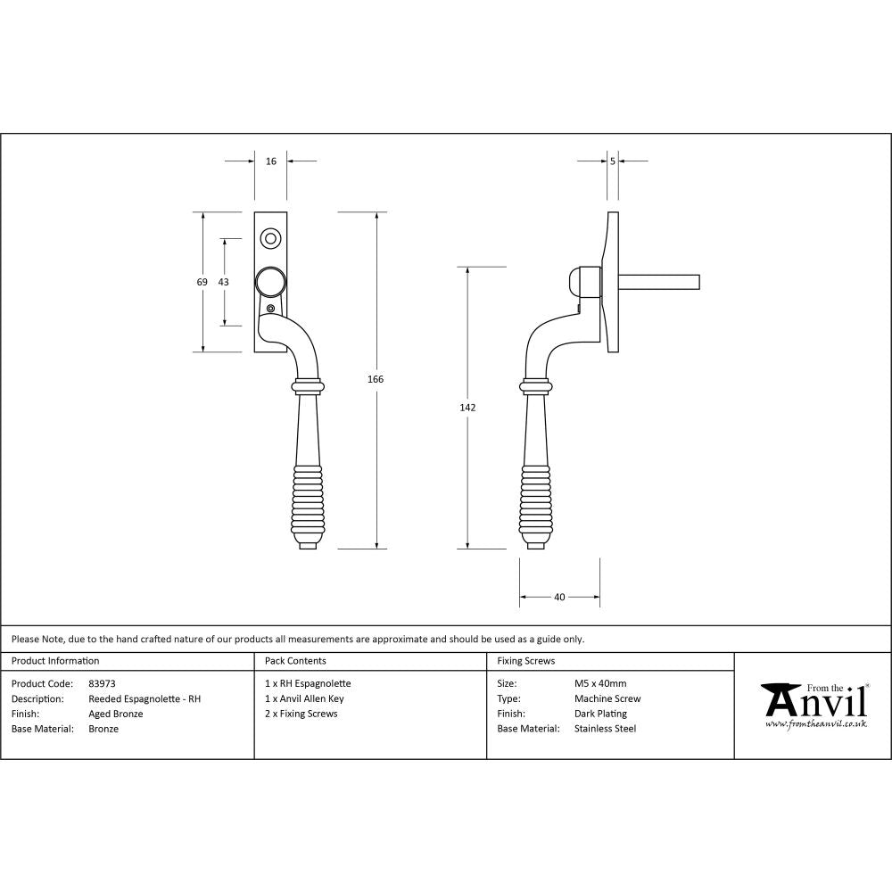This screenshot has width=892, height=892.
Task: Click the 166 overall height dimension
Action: tap(376, 379)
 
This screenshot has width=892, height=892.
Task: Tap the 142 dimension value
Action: tap(468, 408)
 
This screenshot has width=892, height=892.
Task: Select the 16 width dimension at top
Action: tap(271, 161)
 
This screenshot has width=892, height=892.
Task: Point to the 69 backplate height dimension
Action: tap(202, 282)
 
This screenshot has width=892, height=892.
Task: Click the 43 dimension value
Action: tap(223, 282)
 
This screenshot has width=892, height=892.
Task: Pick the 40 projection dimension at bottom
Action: tap(559, 598)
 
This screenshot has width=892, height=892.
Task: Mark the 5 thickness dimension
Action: tap(613, 161)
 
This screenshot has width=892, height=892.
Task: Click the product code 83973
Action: tap(102, 683)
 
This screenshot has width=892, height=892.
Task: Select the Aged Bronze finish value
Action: tap(116, 714)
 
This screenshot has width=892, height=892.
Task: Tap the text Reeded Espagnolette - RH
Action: tap(145, 698)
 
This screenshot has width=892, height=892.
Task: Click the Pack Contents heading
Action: tap(295, 661)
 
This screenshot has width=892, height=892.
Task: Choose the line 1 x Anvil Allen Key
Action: tap(304, 698)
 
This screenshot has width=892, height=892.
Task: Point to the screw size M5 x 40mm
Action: tap(600, 683)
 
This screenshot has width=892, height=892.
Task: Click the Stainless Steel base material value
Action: tap(606, 729)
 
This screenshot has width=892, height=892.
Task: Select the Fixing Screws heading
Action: tap(526, 661)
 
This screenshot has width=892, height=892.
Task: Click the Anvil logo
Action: tap(814, 701)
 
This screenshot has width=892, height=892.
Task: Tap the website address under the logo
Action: tap(816, 724)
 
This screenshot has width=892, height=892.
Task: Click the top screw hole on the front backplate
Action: tap(270, 238)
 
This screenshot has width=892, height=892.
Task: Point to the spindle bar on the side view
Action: tap(660, 283)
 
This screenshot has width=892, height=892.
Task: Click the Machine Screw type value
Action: tap(607, 698)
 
